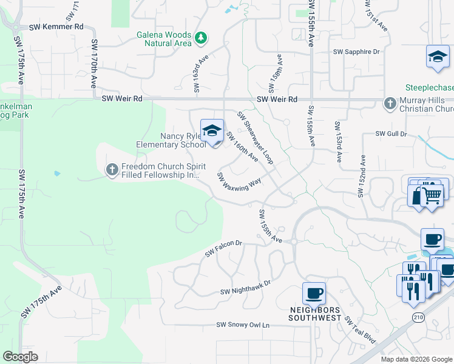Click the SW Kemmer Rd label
click(56, 27)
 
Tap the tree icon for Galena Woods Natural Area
click(201, 39)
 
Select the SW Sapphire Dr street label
click(356, 52)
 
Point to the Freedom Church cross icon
click(112, 170)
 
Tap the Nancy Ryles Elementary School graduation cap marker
click(212, 130)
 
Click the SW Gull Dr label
click(390, 133)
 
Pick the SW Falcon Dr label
click(223, 248)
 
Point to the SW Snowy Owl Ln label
click(243, 325)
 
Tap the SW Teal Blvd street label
click(361, 329)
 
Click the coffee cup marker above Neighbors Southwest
click(314, 294)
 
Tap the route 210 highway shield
click(418, 317)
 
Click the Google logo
click(20, 357)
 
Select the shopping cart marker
click(432, 195)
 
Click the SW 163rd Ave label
click(197, 75)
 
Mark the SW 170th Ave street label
click(94, 64)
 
